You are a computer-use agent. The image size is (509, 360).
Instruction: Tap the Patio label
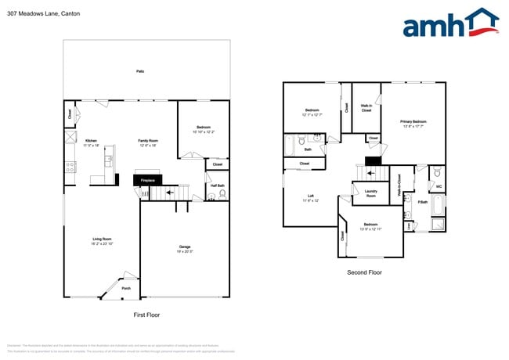pyautogui.click(x=140, y=71)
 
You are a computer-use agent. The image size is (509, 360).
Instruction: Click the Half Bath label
pyautogui.click(x=217, y=185)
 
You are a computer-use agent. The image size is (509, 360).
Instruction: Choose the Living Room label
pyautogui.click(x=102, y=239)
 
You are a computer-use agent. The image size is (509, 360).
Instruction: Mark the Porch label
pyautogui.click(x=126, y=287)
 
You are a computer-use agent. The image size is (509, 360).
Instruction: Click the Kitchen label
pyautogui.click(x=92, y=140)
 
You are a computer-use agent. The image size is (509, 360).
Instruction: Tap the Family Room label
pyautogui.click(x=148, y=140)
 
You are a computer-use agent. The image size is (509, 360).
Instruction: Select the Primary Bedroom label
pyautogui.click(x=413, y=121)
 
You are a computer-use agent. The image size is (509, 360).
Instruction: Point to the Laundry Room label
pyautogui.click(x=370, y=193)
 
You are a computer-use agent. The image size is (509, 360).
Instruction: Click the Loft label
pyautogui.click(x=310, y=196)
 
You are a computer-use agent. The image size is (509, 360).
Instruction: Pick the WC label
pyautogui.click(x=438, y=186)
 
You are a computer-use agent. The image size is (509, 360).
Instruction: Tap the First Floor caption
pyautogui.click(x=146, y=314)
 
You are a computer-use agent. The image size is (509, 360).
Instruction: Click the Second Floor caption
pyautogui.click(x=364, y=272)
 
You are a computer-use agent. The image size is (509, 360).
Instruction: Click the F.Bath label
pyautogui.click(x=422, y=203)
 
